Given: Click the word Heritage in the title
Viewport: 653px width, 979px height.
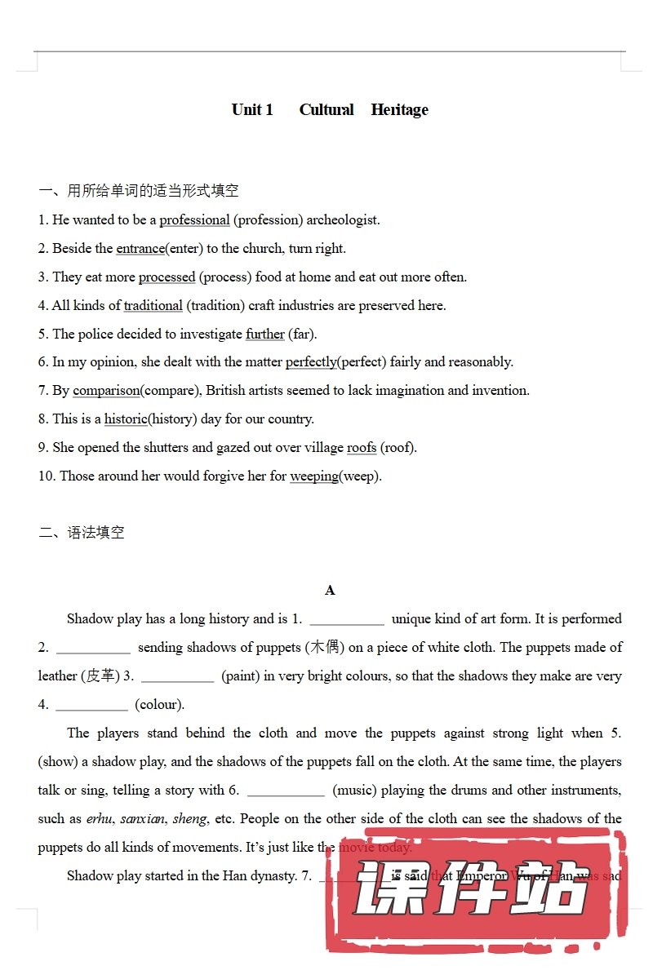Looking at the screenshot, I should (399, 110).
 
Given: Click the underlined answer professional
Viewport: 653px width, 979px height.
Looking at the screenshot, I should (194, 220).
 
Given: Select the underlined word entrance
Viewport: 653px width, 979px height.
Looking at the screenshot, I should (140, 249).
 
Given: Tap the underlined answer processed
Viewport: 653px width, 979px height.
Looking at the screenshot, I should (167, 277).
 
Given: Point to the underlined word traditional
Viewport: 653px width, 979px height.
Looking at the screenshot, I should (153, 306).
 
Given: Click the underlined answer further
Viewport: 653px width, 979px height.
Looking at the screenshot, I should (265, 334).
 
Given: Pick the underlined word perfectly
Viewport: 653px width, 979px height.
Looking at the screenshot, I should (311, 362).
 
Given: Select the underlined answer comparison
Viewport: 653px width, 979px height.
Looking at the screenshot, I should (106, 391).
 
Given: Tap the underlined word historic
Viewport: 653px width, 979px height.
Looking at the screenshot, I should (126, 419).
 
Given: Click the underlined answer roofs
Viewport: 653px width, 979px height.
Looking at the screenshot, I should (362, 448).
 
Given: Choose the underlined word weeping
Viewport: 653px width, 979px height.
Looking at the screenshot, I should (314, 476).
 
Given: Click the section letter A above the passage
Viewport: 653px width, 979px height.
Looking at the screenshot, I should (330, 591).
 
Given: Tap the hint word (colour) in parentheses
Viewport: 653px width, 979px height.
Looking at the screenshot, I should (159, 705).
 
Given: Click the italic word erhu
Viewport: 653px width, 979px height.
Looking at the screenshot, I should (99, 819).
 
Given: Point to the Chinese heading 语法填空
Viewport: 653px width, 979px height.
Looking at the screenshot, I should (96, 534).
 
